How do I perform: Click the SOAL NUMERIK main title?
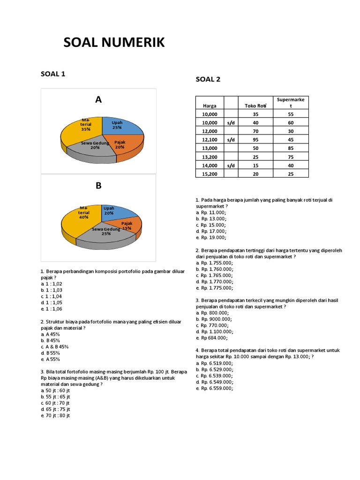click(x=114, y=43)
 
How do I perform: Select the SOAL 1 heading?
click(x=52, y=74)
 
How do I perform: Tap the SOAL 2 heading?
click(x=208, y=79)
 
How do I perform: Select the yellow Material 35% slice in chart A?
click(x=82, y=129)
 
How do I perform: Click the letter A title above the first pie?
click(x=98, y=99)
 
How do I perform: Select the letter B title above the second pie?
click(x=98, y=186)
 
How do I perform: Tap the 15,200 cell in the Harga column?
click(x=210, y=174)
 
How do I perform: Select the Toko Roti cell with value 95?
click(x=255, y=140)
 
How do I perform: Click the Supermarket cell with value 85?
click(x=291, y=148)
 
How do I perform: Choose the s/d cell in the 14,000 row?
click(x=231, y=165)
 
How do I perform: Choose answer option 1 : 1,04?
click(x=52, y=296)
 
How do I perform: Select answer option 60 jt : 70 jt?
click(x=55, y=403)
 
